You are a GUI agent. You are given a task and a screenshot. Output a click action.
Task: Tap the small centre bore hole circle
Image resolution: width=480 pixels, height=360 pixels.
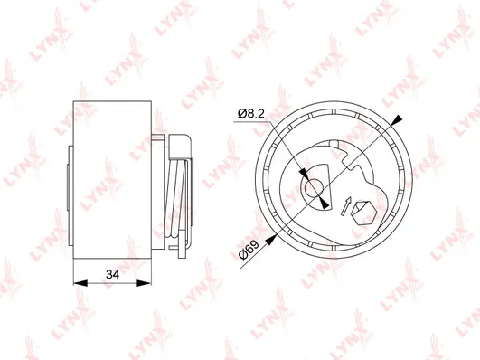[314, 187]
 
